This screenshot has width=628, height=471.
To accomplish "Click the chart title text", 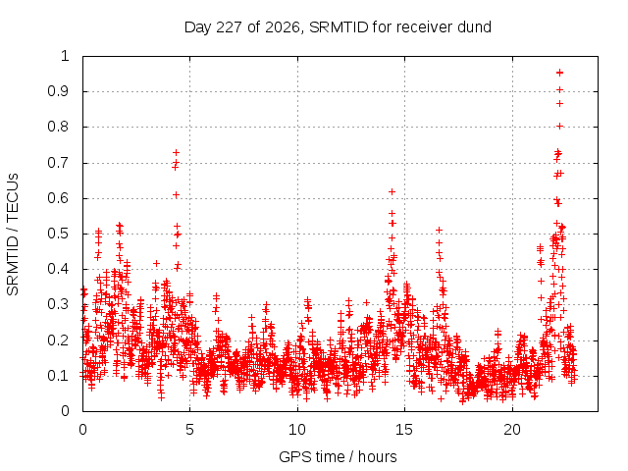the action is click(x=338, y=27).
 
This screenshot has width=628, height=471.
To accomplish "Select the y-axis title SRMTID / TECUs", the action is click(x=13, y=235).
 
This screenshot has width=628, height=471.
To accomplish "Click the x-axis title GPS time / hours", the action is click(x=338, y=456).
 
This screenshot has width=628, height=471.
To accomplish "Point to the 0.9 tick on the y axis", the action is click(x=59, y=91).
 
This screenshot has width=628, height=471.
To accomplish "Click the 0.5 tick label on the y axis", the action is click(x=59, y=234).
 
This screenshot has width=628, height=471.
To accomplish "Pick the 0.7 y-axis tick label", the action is click(x=59, y=163).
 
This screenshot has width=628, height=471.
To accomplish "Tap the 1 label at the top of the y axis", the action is click(x=65, y=56).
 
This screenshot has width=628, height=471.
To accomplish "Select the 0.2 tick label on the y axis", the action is click(x=59, y=340).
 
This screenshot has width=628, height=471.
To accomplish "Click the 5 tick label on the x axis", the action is click(x=189, y=430).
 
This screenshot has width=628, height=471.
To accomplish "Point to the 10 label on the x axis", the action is click(x=297, y=430).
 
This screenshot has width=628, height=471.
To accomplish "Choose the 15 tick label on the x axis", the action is click(x=404, y=430).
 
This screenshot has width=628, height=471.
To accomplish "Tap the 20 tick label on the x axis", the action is click(x=512, y=430).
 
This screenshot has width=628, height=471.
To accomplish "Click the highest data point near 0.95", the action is click(x=560, y=73).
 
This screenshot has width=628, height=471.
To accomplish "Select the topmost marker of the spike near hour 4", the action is click(x=176, y=153).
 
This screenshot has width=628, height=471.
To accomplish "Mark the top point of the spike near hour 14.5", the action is click(x=392, y=192).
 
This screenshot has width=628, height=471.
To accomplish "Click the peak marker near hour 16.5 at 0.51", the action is click(x=439, y=230).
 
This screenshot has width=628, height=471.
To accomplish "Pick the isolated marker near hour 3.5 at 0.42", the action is click(x=157, y=264).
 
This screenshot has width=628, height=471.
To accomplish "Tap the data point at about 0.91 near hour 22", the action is click(x=560, y=90).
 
